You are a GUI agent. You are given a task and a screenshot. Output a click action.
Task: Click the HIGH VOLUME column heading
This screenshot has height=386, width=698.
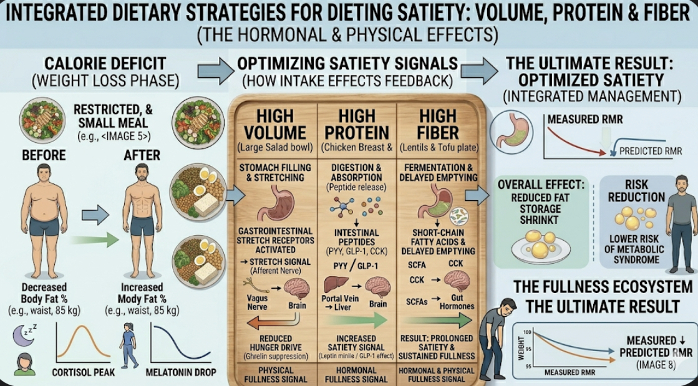(x=275, y=125)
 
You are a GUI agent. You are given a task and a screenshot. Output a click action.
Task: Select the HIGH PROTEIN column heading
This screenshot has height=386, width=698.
(x=357, y=125)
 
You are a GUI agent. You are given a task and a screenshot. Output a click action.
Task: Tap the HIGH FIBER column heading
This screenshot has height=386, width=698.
(x=438, y=125)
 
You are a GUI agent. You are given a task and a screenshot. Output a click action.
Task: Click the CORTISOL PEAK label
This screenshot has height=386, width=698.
(x=83, y=372)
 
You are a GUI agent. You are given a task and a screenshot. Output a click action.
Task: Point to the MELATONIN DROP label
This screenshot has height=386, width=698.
(x=181, y=372)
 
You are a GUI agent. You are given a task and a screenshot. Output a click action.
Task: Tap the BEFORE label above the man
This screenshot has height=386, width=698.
(x=44, y=155)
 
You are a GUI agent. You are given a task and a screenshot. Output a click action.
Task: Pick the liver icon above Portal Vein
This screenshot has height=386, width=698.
(x=336, y=285)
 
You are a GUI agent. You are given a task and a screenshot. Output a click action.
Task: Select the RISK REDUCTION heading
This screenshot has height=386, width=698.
(x=636, y=191)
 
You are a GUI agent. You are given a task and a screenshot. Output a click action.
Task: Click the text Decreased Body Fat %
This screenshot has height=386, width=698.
(x=44, y=292)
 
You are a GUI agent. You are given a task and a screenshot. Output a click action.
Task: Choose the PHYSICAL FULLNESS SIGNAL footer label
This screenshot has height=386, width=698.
(x=276, y=375)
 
